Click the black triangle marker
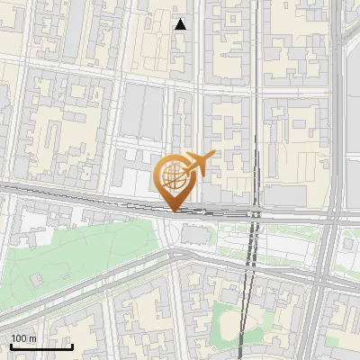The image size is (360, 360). (181, 24)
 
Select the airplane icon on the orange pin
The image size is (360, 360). (200, 163)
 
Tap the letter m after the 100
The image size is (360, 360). (32, 338)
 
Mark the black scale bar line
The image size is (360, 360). (41, 346)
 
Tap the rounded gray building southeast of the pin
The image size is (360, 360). (193, 235)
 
